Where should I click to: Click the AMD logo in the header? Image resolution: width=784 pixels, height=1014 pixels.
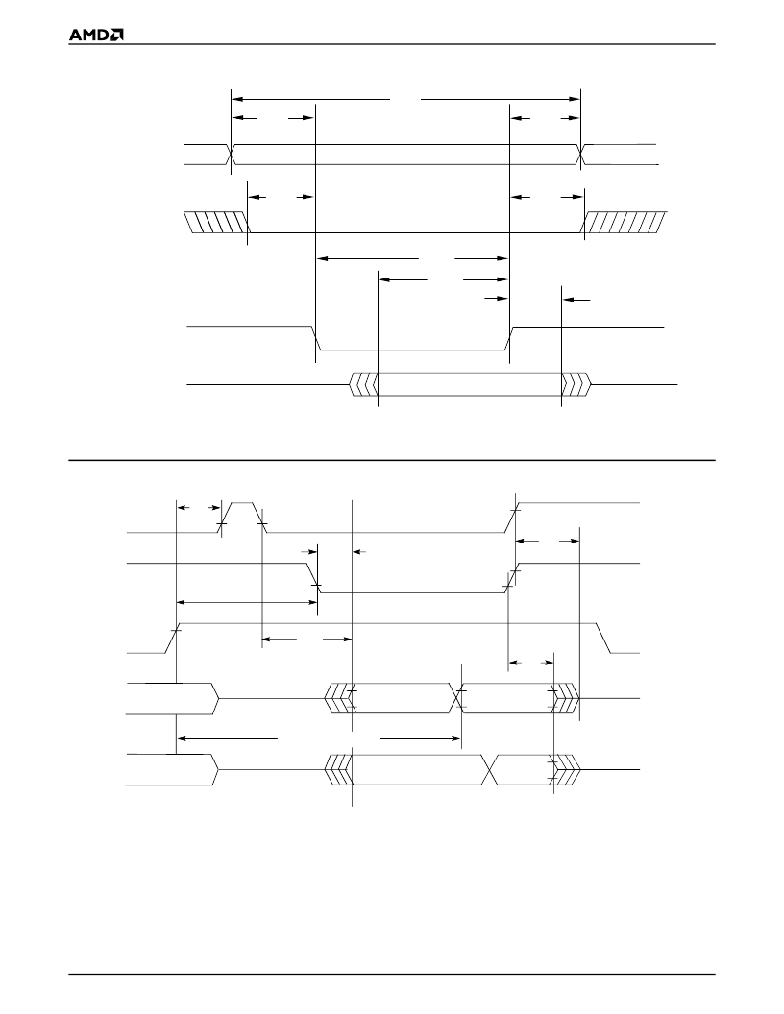tap(96, 35)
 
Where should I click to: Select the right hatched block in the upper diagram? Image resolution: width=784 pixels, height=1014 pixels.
tap(625, 222)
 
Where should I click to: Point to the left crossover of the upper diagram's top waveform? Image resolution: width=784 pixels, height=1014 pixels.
tap(231, 155)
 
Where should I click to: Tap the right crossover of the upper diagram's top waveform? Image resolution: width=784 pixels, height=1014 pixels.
tap(580, 155)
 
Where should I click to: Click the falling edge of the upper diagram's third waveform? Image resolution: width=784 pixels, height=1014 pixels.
tap(317, 339)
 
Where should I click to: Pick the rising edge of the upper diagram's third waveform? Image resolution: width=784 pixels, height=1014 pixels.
tap(509, 339)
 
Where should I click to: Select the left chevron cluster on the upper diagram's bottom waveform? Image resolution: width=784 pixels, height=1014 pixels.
tap(363, 384)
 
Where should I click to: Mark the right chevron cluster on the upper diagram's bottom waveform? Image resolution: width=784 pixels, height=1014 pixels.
tap(576, 384)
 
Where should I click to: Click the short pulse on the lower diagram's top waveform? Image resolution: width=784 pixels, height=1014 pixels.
tap(242, 517)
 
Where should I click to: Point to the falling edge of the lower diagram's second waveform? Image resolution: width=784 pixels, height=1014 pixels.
tap(314, 578)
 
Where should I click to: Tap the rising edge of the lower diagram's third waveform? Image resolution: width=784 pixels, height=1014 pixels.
tap(173, 639)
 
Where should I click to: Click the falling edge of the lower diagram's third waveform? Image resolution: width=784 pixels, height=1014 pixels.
tap(603, 639)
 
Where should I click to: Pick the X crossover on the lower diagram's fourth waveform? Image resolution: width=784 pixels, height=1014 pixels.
tap(457, 698)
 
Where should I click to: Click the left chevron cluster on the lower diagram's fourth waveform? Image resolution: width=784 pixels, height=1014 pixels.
tap(338, 698)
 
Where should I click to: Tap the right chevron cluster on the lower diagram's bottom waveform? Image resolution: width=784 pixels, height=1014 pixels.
tap(566, 769)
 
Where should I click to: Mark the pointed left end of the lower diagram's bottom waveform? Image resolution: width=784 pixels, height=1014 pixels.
tap(219, 769)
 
